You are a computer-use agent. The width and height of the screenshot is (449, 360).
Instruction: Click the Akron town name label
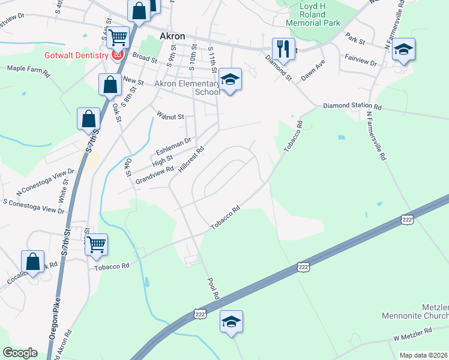tap(172, 36)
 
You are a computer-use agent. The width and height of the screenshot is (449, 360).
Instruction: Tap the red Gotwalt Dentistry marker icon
tap(118, 55)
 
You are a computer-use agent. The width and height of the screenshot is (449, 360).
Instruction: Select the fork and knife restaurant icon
tap(283, 48)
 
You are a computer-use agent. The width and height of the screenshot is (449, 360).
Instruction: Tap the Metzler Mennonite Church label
tap(415, 315)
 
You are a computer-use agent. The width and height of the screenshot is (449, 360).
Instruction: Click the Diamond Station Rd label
tap(352, 106)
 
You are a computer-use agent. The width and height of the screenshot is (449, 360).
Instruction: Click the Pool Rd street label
tap(212, 289)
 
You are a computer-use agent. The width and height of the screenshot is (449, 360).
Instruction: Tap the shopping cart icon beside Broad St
tap(119, 37)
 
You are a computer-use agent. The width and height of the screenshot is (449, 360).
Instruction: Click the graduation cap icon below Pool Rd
tap(231, 321)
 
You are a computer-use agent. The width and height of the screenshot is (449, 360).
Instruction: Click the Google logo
tap(20, 352)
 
